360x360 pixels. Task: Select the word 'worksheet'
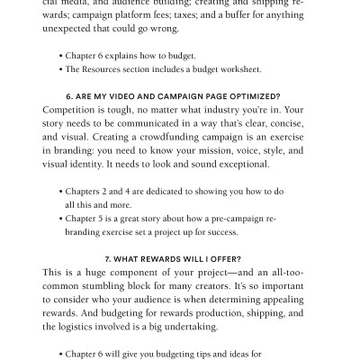[x=235, y=68]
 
